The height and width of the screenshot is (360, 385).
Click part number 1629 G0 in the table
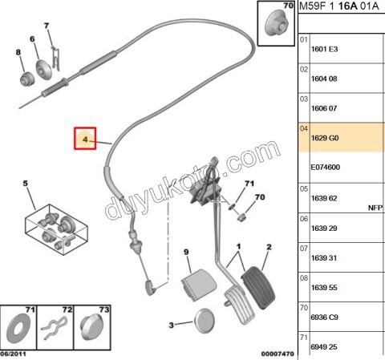click(325, 138)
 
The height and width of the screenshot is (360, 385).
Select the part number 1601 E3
click(324, 49)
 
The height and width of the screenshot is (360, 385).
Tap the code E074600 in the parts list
click(326, 168)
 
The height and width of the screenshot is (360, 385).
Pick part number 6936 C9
click(324, 318)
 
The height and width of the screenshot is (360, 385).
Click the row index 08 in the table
click(304, 278)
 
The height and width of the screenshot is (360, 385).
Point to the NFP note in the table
click(375, 208)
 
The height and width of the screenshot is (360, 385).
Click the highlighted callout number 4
click(85, 140)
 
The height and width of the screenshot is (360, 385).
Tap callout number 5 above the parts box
click(25, 184)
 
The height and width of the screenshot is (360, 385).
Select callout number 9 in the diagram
click(186, 252)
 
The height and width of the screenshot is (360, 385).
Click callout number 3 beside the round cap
click(172, 326)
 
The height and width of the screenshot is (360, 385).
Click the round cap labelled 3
click(205, 321)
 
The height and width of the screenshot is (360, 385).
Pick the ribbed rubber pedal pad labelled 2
click(258, 288)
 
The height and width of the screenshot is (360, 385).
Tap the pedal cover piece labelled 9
click(199, 285)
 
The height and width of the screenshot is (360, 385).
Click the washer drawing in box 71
click(18, 329)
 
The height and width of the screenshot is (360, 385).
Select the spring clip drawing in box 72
click(54, 328)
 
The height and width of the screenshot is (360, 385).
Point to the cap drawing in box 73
click(91, 327)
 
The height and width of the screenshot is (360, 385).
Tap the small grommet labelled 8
click(27, 79)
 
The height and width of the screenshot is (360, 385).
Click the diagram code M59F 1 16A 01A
click(339, 6)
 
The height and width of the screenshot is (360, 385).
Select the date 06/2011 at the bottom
click(13, 354)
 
